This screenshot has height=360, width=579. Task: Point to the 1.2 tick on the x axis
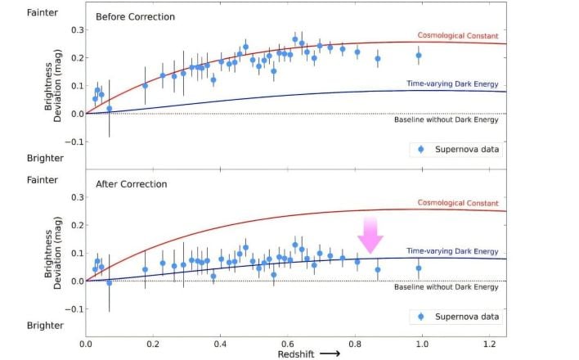pos(489,345)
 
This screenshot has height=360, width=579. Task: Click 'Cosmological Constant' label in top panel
pos(457,35)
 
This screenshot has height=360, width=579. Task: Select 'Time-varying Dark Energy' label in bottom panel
pos(451,251)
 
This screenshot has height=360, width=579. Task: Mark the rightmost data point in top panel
pos(419,56)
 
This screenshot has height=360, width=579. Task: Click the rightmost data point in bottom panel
pos(419,268)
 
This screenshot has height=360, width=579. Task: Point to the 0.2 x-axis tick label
pos(153,345)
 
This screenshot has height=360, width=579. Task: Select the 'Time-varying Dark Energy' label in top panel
pos(451,83)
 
